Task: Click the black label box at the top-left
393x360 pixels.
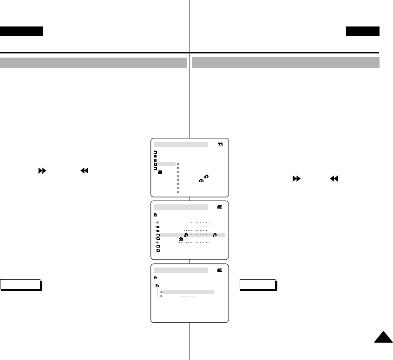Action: (21, 32)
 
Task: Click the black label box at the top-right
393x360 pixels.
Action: (362, 32)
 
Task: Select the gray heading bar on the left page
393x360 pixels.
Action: (93, 63)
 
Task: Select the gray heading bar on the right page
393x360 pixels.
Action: (286, 63)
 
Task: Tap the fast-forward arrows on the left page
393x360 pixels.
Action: (42, 171)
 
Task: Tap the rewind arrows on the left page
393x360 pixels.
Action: (84, 171)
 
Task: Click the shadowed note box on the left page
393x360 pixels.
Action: (21, 285)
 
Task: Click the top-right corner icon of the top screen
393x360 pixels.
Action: (220, 144)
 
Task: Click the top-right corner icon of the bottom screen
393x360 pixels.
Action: (220, 269)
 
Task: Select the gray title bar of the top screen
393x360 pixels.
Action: (181, 145)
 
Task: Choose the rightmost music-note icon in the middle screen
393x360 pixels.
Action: (215, 235)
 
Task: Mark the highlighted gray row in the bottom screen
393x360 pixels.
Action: (186, 292)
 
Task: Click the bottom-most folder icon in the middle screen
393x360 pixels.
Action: (158, 250)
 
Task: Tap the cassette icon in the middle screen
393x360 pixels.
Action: (181, 239)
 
